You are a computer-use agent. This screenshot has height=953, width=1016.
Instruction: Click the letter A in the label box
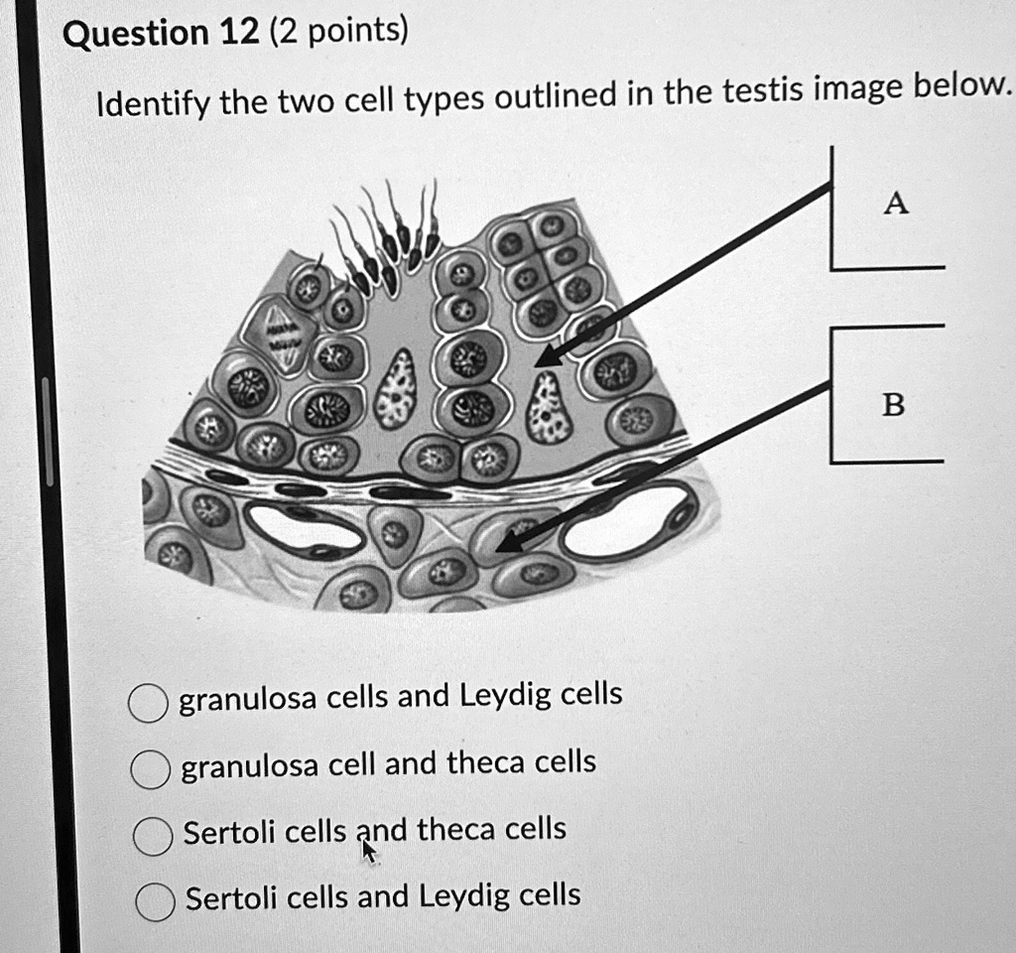tap(895, 204)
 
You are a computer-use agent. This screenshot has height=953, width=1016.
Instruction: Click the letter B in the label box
tap(893, 405)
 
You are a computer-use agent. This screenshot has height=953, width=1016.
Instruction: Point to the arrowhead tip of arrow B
tap(495, 548)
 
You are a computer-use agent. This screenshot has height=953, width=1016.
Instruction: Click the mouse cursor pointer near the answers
tap(368, 851)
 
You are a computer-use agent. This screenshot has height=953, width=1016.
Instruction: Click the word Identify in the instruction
tap(152, 102)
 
